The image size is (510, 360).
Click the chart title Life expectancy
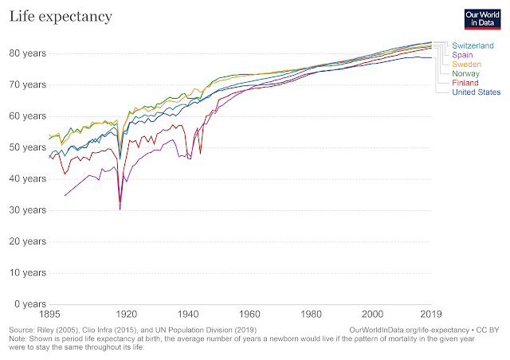coord(61,16)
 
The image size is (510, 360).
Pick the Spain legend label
coord(464,54)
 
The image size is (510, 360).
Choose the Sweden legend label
coord(468,64)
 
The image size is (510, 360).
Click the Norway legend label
coord(466,73)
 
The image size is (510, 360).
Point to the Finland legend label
coord(466,83)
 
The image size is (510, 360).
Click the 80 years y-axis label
coord(26,53)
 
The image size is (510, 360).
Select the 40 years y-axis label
coord(26,178)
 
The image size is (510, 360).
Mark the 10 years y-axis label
coord(26,272)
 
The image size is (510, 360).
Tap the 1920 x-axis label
coord(126,314)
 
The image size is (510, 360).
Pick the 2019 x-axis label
coord(432,314)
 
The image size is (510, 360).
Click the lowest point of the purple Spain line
coord(120,209)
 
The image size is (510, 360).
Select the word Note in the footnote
coord(18,338)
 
